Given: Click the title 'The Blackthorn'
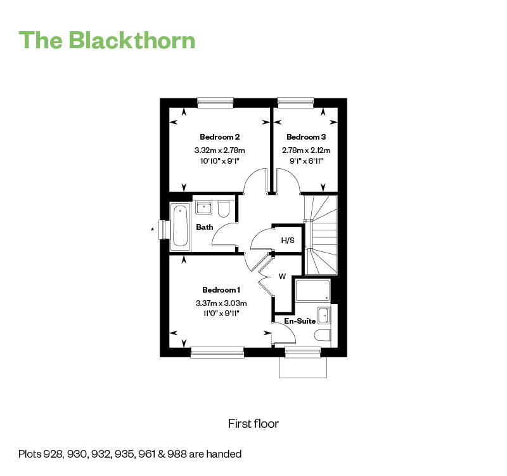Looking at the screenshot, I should tap(107, 39).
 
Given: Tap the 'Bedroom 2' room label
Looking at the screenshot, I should tap(219, 137).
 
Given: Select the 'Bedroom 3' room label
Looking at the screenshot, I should tap(306, 137).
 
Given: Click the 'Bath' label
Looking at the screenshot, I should tap(204, 227).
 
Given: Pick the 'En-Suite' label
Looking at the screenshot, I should tap(300, 321).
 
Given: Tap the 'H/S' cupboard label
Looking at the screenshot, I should tap(288, 240).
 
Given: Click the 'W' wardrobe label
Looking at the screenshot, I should tap(283, 277).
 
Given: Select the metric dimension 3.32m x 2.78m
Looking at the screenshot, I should tap(219, 150).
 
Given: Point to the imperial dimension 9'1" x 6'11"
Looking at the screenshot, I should tap(306, 161).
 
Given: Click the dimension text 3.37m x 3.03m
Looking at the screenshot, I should tap(221, 303).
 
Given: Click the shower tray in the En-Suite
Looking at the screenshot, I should tap(312, 291).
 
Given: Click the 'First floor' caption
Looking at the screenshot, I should tap(253, 423).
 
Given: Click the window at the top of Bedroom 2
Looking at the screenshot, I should tap(215, 102).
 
